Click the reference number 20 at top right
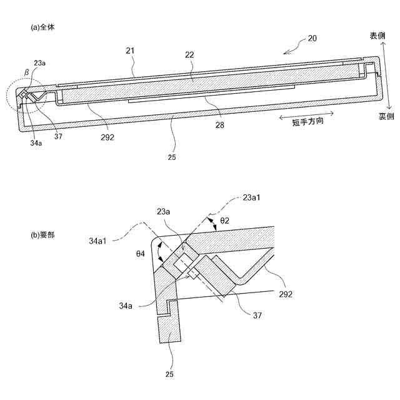pyautogui.click(x=312, y=38)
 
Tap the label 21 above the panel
pyautogui.click(x=130, y=49)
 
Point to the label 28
pyautogui.click(x=219, y=126)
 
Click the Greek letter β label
pyautogui.click(x=26, y=72)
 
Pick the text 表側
pyautogui.click(x=377, y=36)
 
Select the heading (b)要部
pyautogui.click(x=46, y=236)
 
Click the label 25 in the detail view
pyautogui.click(x=169, y=374)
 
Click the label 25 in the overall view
pyautogui.click(x=172, y=157)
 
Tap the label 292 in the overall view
pyautogui.click(x=106, y=137)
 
